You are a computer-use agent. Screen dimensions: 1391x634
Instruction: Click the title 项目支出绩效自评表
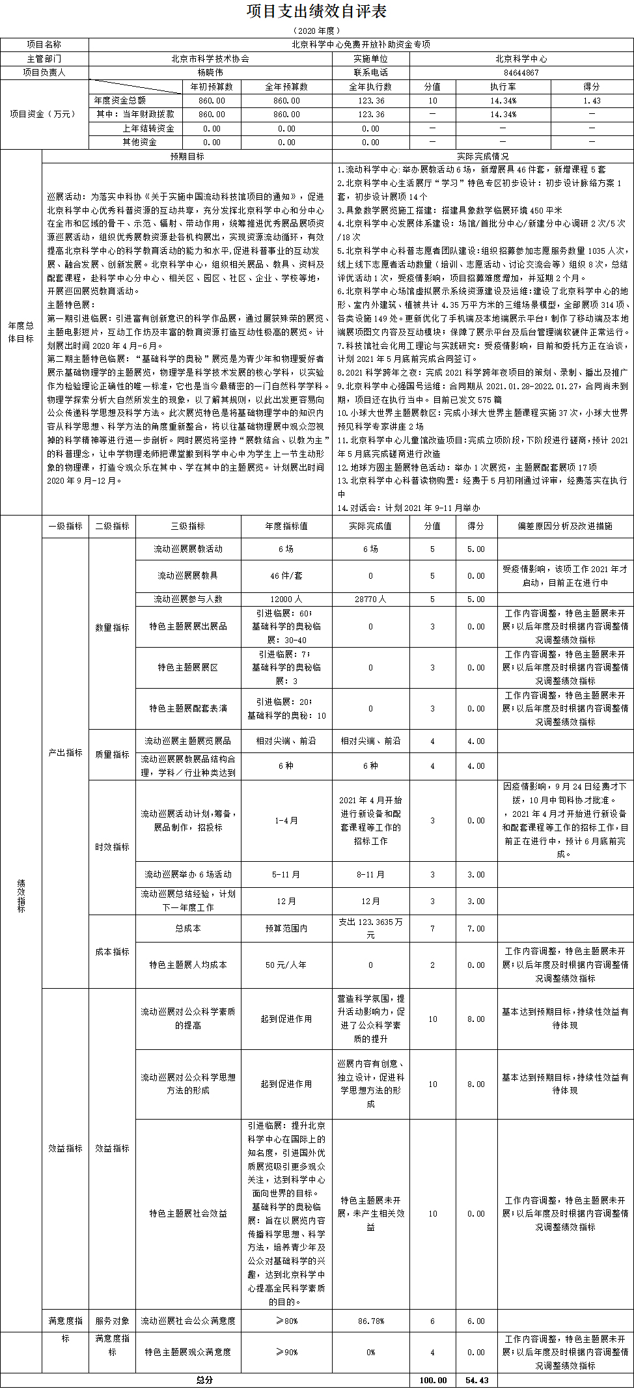point(317,12)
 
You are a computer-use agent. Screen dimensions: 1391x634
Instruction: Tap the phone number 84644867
point(521,73)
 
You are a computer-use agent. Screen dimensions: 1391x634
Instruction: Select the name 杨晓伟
point(210,73)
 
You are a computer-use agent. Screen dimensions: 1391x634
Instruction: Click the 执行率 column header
point(503,87)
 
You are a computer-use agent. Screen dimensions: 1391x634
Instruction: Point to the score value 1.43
point(592,101)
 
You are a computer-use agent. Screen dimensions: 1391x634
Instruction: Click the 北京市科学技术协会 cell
point(210,59)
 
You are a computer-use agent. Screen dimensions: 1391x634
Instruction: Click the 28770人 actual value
point(370,599)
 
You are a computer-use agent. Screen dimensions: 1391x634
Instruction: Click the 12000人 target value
point(286,599)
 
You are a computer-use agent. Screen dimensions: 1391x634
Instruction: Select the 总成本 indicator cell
point(187,928)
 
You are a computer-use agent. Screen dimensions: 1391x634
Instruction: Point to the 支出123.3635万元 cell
point(370,928)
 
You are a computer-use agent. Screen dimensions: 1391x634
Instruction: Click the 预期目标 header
point(187,156)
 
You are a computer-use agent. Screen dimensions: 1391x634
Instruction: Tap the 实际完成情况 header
point(482,156)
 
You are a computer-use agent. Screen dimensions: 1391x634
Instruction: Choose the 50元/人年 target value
point(286,965)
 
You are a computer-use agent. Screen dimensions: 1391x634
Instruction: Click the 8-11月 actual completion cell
point(370,874)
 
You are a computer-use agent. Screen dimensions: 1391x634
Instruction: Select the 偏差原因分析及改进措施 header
point(564,526)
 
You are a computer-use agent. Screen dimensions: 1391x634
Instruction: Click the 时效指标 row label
point(112,847)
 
